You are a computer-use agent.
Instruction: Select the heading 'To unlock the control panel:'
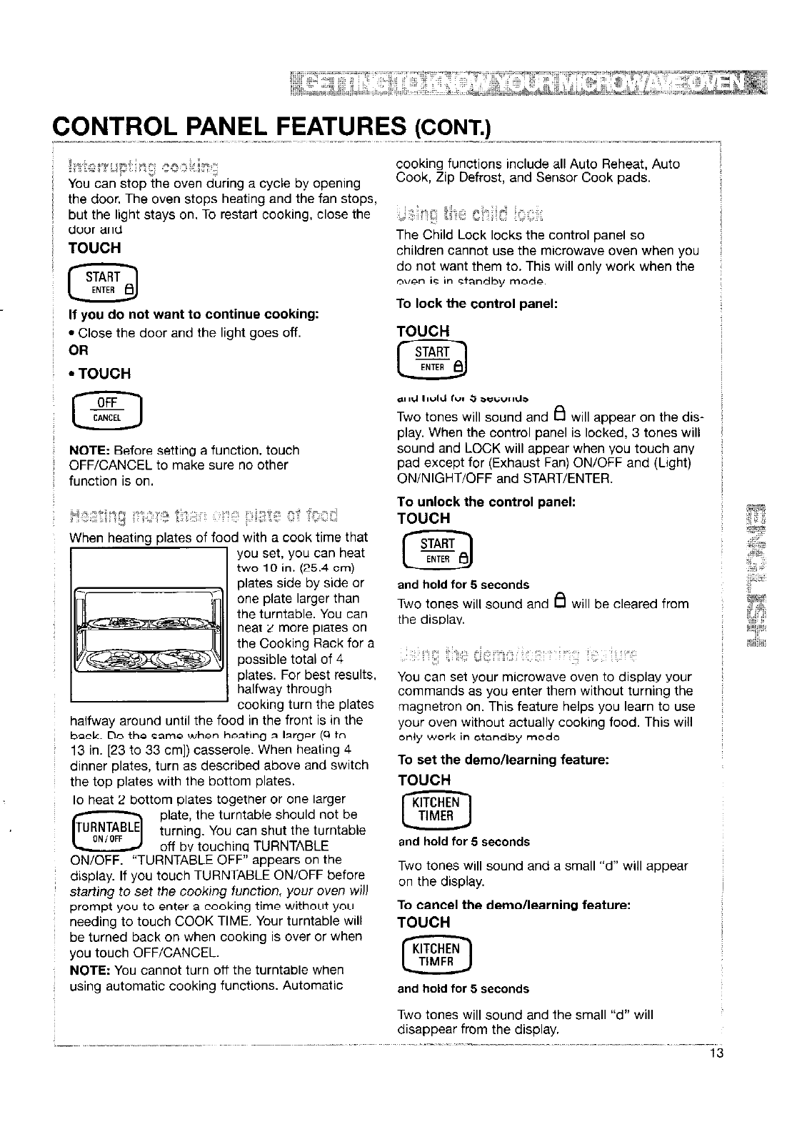click(x=486, y=502)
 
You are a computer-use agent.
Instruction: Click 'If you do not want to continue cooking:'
click(x=193, y=314)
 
